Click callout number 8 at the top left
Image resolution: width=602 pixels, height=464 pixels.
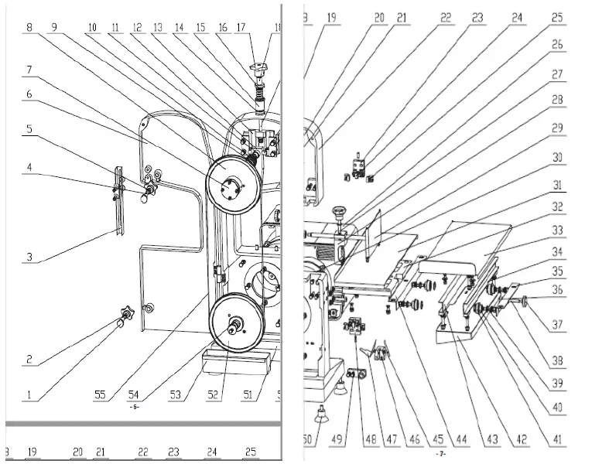click(x=29, y=27)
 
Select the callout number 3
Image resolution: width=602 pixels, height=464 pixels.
click(x=29, y=258)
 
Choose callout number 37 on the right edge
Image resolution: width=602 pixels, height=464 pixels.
click(x=557, y=325)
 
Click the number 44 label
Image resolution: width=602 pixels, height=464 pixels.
click(x=462, y=439)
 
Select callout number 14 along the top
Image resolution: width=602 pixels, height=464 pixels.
click(x=180, y=27)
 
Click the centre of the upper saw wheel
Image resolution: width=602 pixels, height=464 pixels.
click(x=230, y=185)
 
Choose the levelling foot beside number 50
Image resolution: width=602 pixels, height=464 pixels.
click(x=322, y=414)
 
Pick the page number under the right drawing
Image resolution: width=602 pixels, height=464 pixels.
click(x=440, y=454)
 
